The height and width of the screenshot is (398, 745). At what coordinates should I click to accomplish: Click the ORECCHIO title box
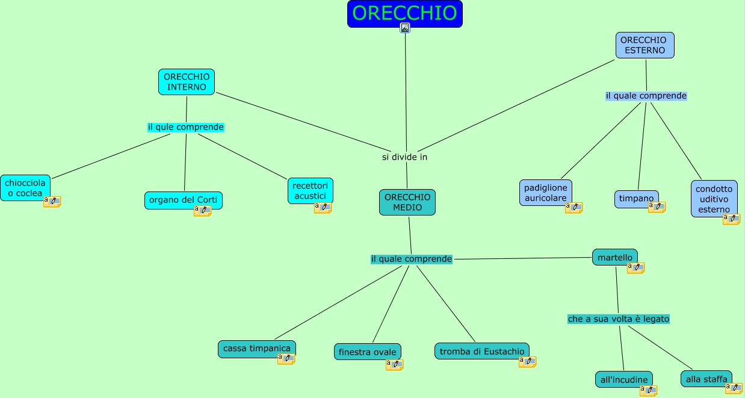point(404,13)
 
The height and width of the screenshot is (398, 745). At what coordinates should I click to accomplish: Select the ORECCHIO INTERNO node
point(187,82)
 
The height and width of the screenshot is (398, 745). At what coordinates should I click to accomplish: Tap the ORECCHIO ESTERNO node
point(645,45)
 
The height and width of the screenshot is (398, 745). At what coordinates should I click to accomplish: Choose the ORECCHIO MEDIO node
point(407,202)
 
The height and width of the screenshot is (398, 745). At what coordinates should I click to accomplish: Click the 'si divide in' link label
point(404,157)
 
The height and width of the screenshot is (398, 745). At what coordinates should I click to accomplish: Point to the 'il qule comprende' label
point(185,127)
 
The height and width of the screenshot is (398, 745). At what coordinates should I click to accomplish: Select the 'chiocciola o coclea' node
point(25,188)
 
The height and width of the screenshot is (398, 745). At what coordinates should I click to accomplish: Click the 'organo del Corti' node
point(184,201)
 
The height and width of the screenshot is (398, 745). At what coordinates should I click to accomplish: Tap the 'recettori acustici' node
point(310,190)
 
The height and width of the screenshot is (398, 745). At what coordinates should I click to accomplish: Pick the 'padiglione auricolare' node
point(546,193)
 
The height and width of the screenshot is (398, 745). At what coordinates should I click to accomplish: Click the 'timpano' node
point(636,199)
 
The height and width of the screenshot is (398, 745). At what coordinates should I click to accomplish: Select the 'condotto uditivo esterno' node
point(714,199)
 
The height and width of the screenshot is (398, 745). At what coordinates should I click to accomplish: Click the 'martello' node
point(614,258)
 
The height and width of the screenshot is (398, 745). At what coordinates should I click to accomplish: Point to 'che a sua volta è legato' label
point(618,319)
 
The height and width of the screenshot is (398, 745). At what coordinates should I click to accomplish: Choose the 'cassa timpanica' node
point(256,349)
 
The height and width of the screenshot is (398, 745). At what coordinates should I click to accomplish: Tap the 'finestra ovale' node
point(367,352)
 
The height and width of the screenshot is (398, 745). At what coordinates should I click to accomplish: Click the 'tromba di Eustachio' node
point(481,351)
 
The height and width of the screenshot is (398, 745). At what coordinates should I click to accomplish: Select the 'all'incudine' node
point(623,379)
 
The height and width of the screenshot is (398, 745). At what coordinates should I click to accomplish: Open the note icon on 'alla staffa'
point(734,388)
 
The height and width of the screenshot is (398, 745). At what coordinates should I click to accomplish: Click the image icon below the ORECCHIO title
point(405,28)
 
